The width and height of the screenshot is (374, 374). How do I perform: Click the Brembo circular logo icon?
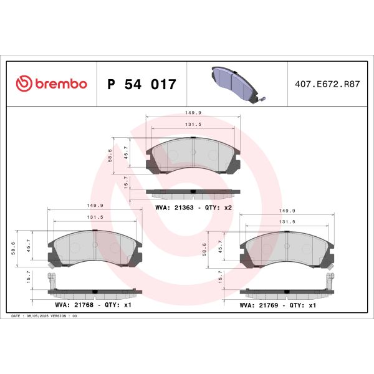[x=23, y=84]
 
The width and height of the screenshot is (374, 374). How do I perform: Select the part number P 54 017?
[x=142, y=84]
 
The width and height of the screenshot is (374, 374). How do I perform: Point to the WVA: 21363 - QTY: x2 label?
[x=193, y=206]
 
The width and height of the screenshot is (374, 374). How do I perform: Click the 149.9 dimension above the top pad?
[x=193, y=113]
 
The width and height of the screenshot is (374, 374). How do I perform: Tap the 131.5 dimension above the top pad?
[x=193, y=125]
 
